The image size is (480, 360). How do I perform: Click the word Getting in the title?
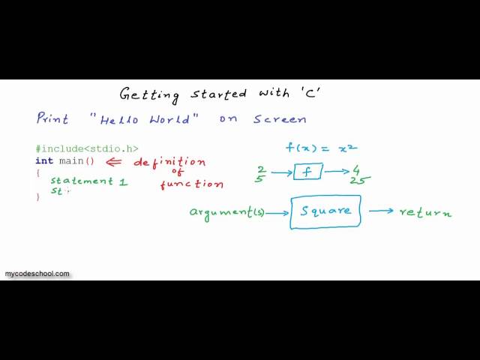pos(149,94)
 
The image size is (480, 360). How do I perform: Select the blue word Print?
pos(52,119)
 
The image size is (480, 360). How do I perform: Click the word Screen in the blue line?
pos(279,119)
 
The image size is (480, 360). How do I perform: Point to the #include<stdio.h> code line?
pos(86,148)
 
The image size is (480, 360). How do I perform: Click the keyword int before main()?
pos(44,161)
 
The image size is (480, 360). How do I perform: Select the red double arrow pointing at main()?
pos(114,161)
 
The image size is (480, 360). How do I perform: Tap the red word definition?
pos(169,161)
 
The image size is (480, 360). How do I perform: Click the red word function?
pos(191,184)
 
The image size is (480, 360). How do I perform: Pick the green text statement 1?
pos(88,181)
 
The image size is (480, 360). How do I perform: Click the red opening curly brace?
pos(37,172)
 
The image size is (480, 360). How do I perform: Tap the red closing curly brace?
pos(37,197)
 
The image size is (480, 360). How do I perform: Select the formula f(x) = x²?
pos(320,148)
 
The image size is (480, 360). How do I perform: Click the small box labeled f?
pos(307,172)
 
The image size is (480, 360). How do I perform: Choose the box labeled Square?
pos(325,211)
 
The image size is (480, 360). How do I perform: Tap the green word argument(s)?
pos(226,212)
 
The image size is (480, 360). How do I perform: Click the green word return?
pos(425,212)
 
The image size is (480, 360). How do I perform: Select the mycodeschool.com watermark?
pos(37,274)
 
